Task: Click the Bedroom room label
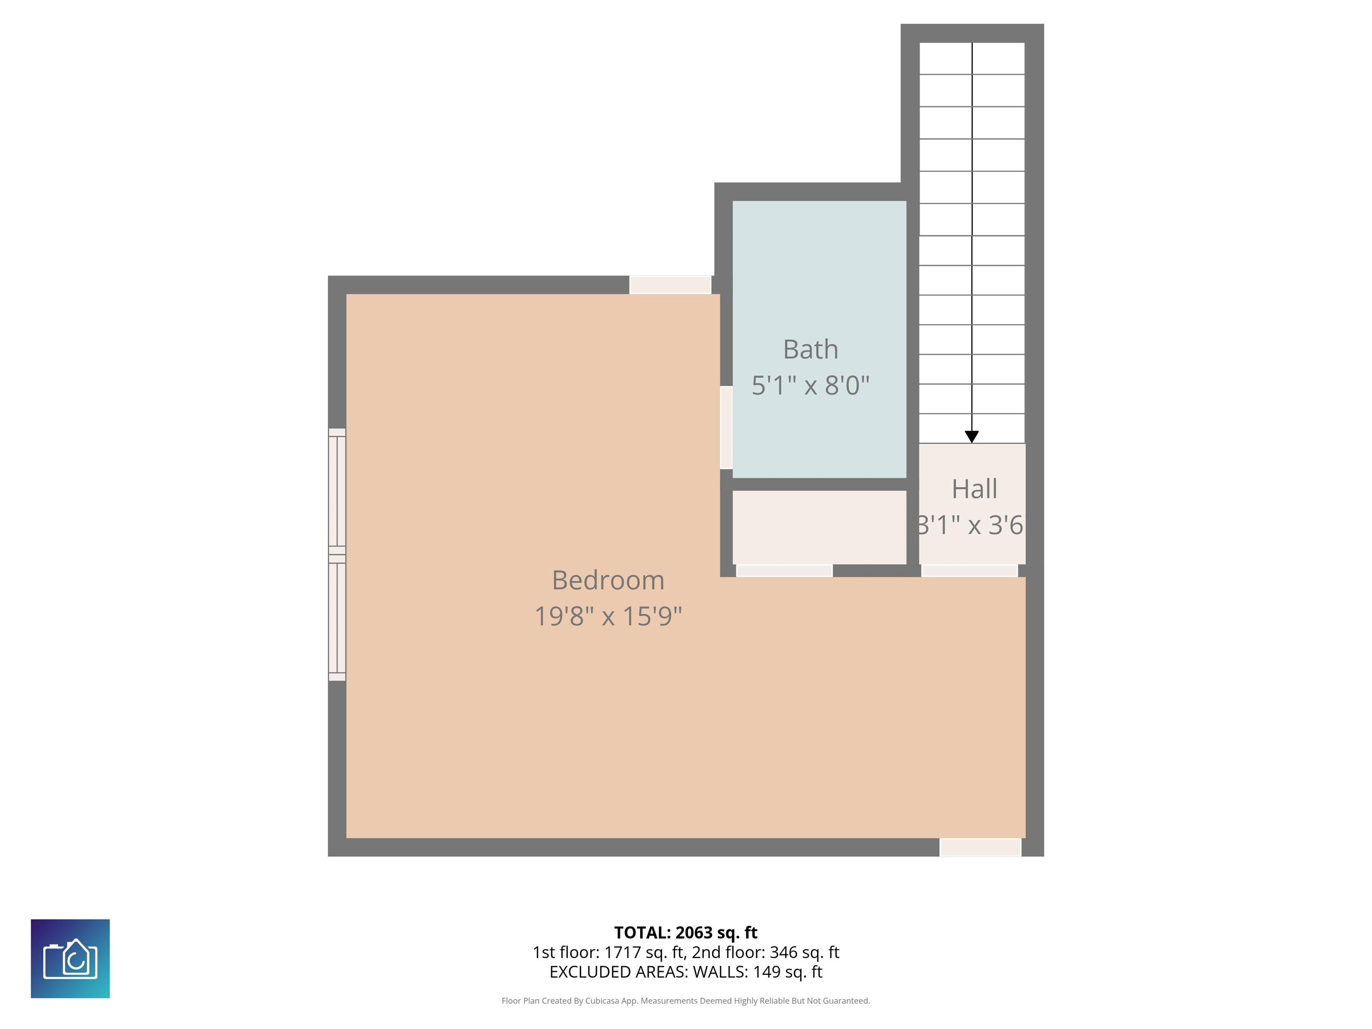(608, 581)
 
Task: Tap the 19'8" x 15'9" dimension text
(608, 616)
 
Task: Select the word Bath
(810, 349)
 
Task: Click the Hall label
(975, 489)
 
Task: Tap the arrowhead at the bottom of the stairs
(972, 437)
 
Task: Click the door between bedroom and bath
(726, 427)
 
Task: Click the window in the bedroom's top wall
(670, 284)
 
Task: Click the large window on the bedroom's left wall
(337, 555)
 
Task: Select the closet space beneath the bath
(820, 527)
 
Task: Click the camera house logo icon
(70, 959)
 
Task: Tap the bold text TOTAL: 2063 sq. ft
(686, 933)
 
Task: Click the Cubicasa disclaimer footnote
(686, 1000)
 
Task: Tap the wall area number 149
(766, 972)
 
